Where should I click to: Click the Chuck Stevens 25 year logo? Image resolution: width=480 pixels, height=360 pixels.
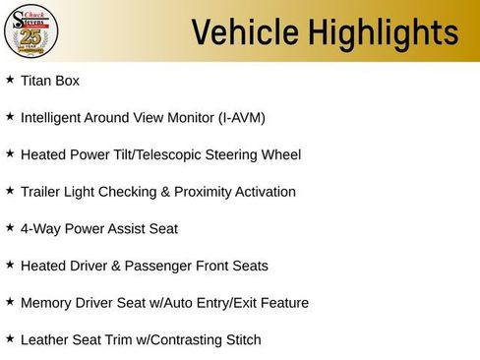click(31, 30)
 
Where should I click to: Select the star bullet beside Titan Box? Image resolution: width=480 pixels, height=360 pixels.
click(10, 79)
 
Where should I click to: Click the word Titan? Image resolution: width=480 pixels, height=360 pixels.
click(36, 81)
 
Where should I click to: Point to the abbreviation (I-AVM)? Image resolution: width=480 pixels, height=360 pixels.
click(236, 118)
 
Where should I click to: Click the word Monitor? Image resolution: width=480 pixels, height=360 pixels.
click(176, 118)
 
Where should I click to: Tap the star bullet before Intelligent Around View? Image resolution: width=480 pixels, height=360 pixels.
click(10, 116)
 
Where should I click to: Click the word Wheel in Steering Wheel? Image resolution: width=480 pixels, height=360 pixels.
click(280, 154)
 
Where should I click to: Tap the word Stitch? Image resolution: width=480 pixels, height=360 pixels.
click(241, 340)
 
